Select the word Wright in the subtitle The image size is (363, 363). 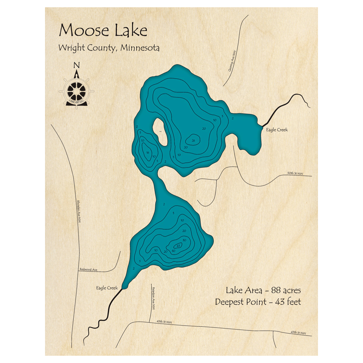pyautogui.click(x=70, y=48)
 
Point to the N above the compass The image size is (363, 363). pyautogui.click(x=76, y=65)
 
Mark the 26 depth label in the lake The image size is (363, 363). pyautogui.click(x=193, y=140)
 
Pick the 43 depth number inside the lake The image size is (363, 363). pyautogui.click(x=179, y=245)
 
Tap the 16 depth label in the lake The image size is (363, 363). pyautogui.click(x=147, y=153)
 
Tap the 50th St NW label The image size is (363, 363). pyautogui.click(x=295, y=174)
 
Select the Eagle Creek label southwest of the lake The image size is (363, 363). pyautogui.click(x=107, y=288)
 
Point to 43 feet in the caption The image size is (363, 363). pyautogui.click(x=288, y=302)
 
